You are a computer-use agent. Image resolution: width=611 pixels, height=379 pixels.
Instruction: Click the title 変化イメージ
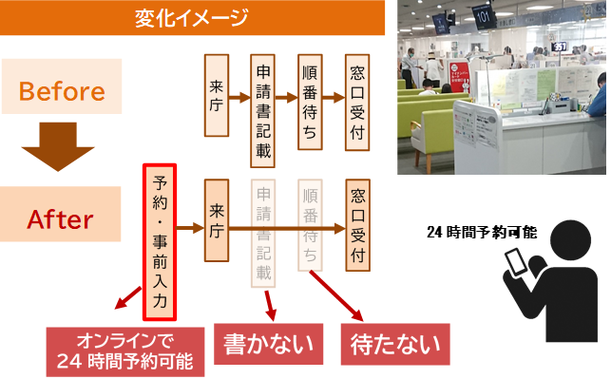[199, 15]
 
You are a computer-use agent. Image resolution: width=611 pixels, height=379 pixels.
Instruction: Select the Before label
[62, 92]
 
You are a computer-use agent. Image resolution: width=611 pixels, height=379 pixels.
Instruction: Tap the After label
[62, 219]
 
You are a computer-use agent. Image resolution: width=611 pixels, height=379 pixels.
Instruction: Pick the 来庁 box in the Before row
[216, 100]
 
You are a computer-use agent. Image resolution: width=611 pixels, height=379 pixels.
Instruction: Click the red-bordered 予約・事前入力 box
[159, 241]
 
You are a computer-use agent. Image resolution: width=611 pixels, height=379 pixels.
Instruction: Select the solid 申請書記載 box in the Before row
[264, 100]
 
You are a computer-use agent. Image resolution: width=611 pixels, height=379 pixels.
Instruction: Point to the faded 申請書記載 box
[264, 231]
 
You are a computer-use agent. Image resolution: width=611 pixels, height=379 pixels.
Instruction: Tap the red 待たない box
[395, 344]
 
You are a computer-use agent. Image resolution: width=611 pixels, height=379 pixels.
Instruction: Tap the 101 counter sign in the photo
[484, 17]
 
